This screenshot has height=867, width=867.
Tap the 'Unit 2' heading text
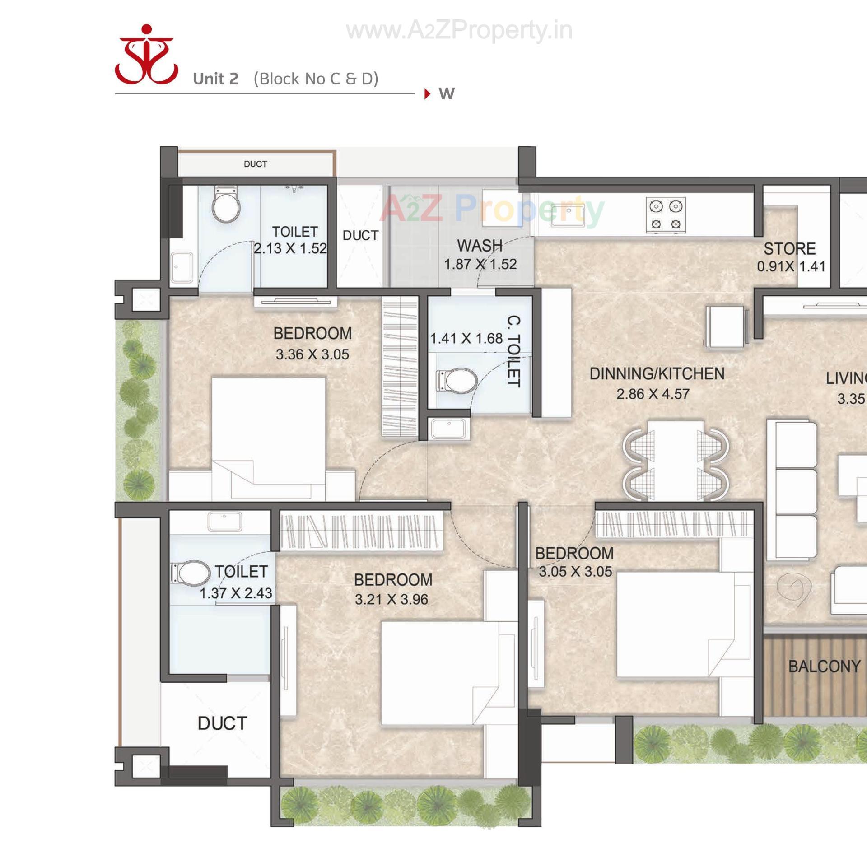[x=215, y=79]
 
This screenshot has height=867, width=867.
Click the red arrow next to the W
[x=427, y=94]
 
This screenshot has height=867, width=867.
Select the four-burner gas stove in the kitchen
[x=665, y=215]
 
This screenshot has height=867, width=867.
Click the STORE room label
[x=789, y=249]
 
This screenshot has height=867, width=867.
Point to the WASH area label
[x=480, y=246]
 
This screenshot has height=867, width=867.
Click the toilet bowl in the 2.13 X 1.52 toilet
[x=226, y=205]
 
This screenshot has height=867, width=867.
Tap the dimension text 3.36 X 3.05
[x=312, y=354]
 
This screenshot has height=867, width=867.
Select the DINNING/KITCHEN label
[x=657, y=374]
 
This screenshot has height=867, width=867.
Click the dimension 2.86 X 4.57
[x=653, y=394]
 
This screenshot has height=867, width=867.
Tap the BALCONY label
[x=824, y=667]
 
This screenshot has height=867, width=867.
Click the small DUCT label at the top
[x=255, y=164]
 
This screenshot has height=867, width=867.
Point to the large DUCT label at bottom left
[x=222, y=723]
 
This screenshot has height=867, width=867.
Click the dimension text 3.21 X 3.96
[x=392, y=600]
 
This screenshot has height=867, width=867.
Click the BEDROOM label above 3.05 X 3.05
[x=574, y=553]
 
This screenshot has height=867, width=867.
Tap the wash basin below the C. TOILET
[x=449, y=428]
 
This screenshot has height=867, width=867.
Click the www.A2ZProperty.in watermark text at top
[x=459, y=31]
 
